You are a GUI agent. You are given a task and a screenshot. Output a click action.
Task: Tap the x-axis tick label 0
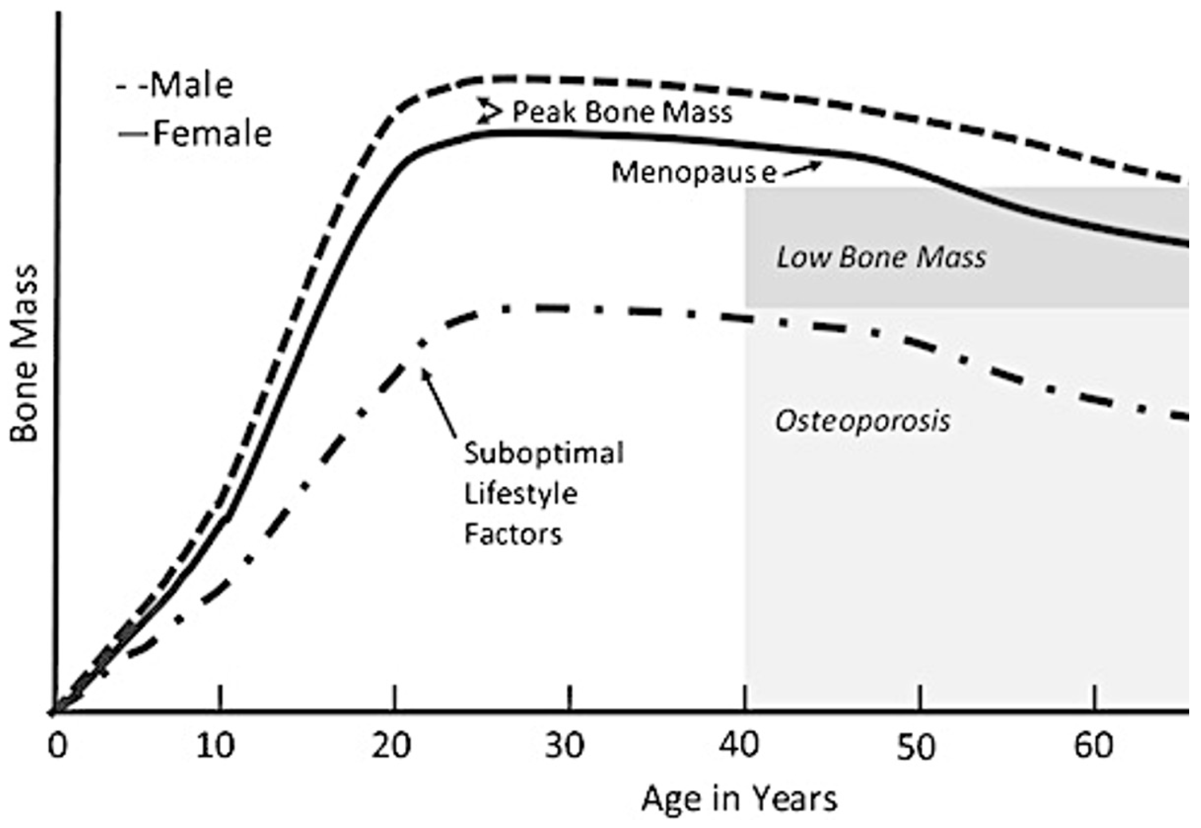[58, 746]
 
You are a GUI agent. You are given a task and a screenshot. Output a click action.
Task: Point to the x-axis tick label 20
[391, 746]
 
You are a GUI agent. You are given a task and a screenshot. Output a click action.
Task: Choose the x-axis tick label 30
[565, 746]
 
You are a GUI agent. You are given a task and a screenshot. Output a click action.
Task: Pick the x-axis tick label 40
[740, 746]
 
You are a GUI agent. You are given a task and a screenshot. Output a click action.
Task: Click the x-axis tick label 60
[1093, 746]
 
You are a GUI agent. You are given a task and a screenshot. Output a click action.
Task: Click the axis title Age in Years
[739, 799]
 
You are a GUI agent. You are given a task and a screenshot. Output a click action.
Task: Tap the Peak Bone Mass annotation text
[622, 112]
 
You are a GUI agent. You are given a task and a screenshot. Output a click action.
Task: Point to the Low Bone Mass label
[881, 258]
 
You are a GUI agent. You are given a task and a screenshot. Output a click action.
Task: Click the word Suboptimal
[544, 453]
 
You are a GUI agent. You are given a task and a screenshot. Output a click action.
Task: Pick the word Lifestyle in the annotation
[520, 494]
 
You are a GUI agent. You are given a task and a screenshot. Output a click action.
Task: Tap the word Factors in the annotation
[513, 534]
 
